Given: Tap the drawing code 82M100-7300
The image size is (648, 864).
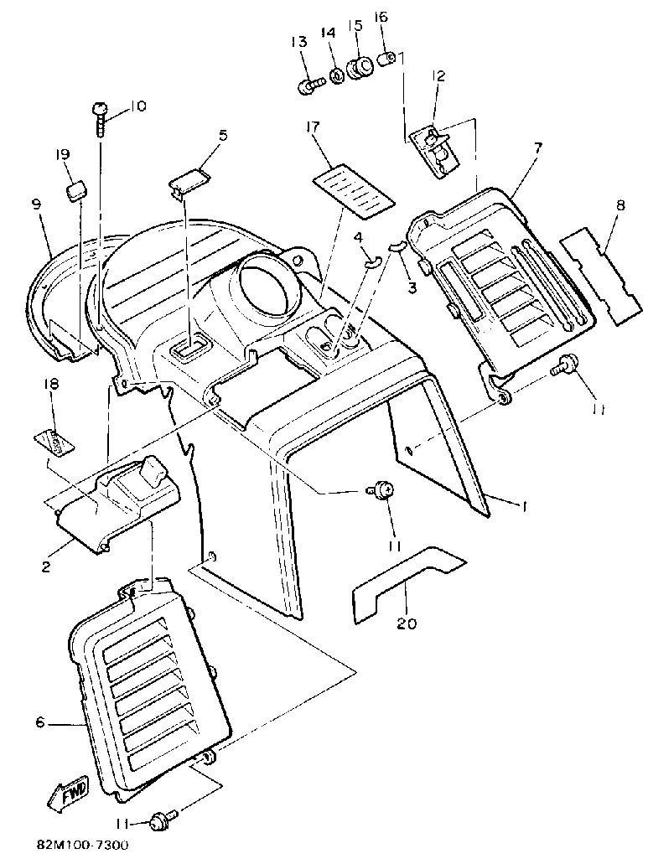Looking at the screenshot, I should (x=82, y=846).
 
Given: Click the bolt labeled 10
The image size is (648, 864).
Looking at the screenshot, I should (x=99, y=117).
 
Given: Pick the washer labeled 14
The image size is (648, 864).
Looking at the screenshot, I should (x=336, y=77).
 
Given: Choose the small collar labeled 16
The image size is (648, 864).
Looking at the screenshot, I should (x=388, y=60).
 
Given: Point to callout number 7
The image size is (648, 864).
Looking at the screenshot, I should (x=538, y=147).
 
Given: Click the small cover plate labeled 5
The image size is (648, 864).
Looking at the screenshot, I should (x=189, y=182).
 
